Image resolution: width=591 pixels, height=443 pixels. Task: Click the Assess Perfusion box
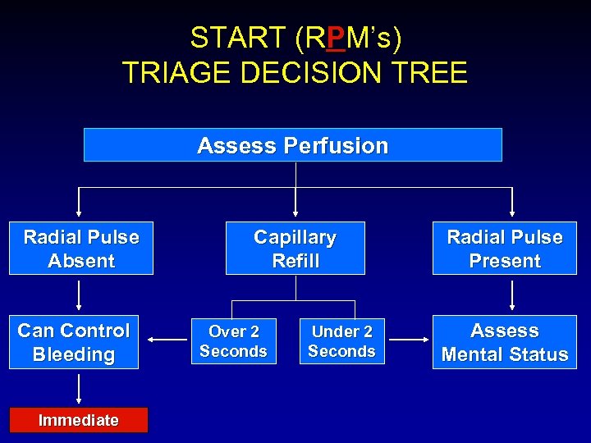[x=293, y=145]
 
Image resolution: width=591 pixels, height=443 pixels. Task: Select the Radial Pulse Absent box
[x=81, y=249]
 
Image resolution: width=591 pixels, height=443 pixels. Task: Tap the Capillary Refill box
[x=295, y=249]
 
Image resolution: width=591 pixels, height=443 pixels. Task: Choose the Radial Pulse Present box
[x=504, y=249]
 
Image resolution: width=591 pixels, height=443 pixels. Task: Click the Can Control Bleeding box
[x=74, y=342]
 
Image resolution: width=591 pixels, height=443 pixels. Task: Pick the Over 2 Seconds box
[x=233, y=341]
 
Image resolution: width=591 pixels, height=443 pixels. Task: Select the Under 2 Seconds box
[x=342, y=341]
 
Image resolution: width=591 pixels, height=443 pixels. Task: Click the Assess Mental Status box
[x=504, y=342]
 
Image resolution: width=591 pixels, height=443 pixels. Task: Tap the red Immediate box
[x=79, y=420]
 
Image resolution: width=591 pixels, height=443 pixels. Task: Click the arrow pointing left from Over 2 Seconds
[x=170, y=337]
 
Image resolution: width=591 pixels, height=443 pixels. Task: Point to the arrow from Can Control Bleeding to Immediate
[x=80, y=388]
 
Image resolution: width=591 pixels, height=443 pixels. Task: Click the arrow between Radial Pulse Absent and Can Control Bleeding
[x=80, y=295]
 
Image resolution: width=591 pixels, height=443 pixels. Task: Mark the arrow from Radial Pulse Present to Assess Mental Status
[x=512, y=295]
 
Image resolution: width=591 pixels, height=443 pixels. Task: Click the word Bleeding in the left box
[x=74, y=354]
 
